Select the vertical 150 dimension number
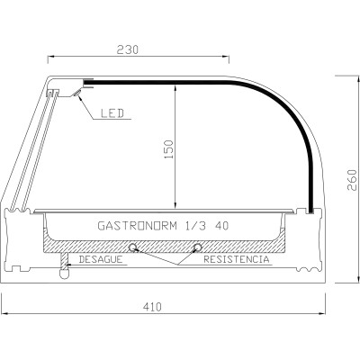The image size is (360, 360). pyautogui.click(x=167, y=148)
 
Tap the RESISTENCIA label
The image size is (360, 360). pyautogui.click(x=236, y=260)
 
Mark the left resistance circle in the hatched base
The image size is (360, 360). pyautogui.click(x=133, y=247)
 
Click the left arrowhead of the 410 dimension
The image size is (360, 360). pyautogui.click(x=4, y=314)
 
